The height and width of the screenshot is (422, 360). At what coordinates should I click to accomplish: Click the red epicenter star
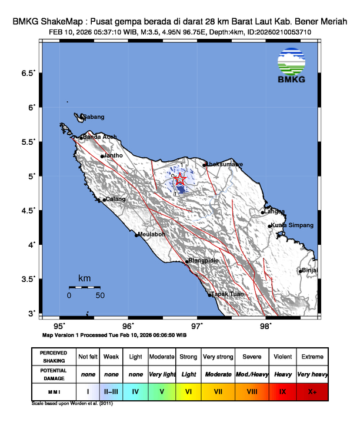coord(181,180)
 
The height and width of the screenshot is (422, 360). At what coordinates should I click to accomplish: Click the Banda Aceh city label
coord(99,137)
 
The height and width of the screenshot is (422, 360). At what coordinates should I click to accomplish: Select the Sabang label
coord(93,117)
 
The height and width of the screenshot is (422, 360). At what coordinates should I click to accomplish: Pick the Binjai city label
coord(310,270)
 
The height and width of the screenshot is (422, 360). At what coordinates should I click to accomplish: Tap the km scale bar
coord(84,287)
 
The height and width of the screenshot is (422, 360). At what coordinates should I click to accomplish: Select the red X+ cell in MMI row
coord(311,390)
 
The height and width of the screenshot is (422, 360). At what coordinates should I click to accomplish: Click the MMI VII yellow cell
coord(217,390)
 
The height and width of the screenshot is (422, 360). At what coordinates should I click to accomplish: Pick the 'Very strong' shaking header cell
coord(217,357)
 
